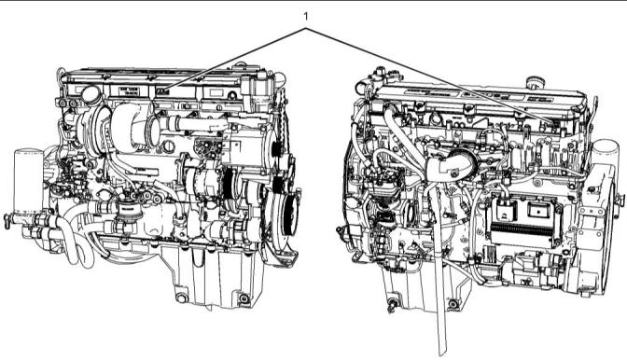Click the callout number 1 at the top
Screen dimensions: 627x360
coord(306,17)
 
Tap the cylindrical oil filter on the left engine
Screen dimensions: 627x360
coord(28,180)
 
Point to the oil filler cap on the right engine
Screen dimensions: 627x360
coord(536,83)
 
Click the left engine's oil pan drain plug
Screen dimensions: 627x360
coord(182,298)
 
